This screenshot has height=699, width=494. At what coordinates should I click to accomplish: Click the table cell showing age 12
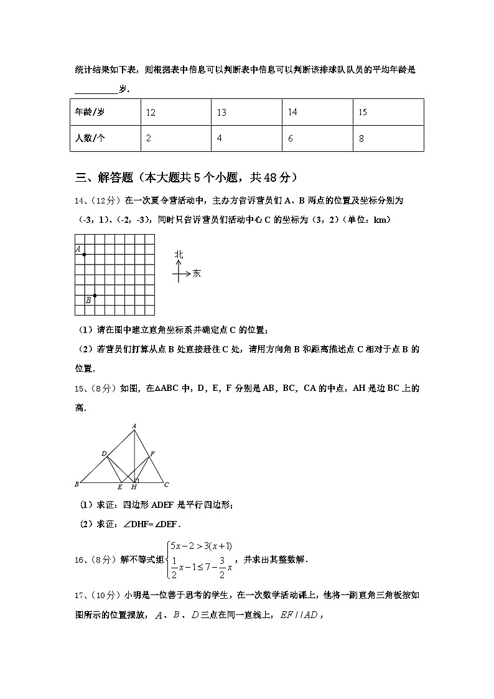click(x=151, y=113)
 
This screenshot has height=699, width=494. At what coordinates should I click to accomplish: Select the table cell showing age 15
click(x=363, y=113)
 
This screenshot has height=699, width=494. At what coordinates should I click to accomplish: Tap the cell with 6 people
click(x=291, y=139)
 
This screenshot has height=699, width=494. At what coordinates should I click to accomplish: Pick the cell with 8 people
click(x=361, y=139)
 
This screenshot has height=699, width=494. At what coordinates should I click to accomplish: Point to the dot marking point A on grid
click(x=85, y=255)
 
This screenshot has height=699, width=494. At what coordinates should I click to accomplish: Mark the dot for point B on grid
click(x=95, y=296)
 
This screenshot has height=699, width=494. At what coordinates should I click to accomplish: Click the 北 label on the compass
click(x=179, y=255)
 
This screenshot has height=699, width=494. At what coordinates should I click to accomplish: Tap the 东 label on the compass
click(x=197, y=273)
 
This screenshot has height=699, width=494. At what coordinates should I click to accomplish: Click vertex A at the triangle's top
click(x=134, y=426)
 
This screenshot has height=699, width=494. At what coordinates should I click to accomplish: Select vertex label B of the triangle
click(x=77, y=484)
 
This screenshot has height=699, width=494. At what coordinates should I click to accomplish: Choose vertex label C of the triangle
click(x=167, y=484)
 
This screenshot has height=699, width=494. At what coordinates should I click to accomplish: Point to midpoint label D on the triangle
click(x=103, y=454)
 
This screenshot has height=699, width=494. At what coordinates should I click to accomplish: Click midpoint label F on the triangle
click(x=152, y=454)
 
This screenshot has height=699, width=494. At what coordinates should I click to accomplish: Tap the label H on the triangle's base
click(x=134, y=487)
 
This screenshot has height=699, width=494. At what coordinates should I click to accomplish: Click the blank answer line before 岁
click(x=96, y=91)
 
